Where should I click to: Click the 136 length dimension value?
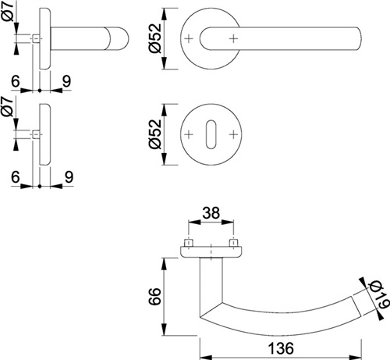point(281,348)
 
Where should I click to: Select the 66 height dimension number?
point(155,296)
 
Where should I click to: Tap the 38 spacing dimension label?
point(211,213)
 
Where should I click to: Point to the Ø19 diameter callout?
point(380,295)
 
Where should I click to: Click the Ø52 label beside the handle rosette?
point(155,38)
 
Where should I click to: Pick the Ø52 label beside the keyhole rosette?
point(155,134)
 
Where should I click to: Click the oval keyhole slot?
point(211,134)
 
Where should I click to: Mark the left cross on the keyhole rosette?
point(189,134)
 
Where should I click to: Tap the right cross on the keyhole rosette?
point(234,134)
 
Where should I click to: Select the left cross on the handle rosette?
point(189,39)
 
